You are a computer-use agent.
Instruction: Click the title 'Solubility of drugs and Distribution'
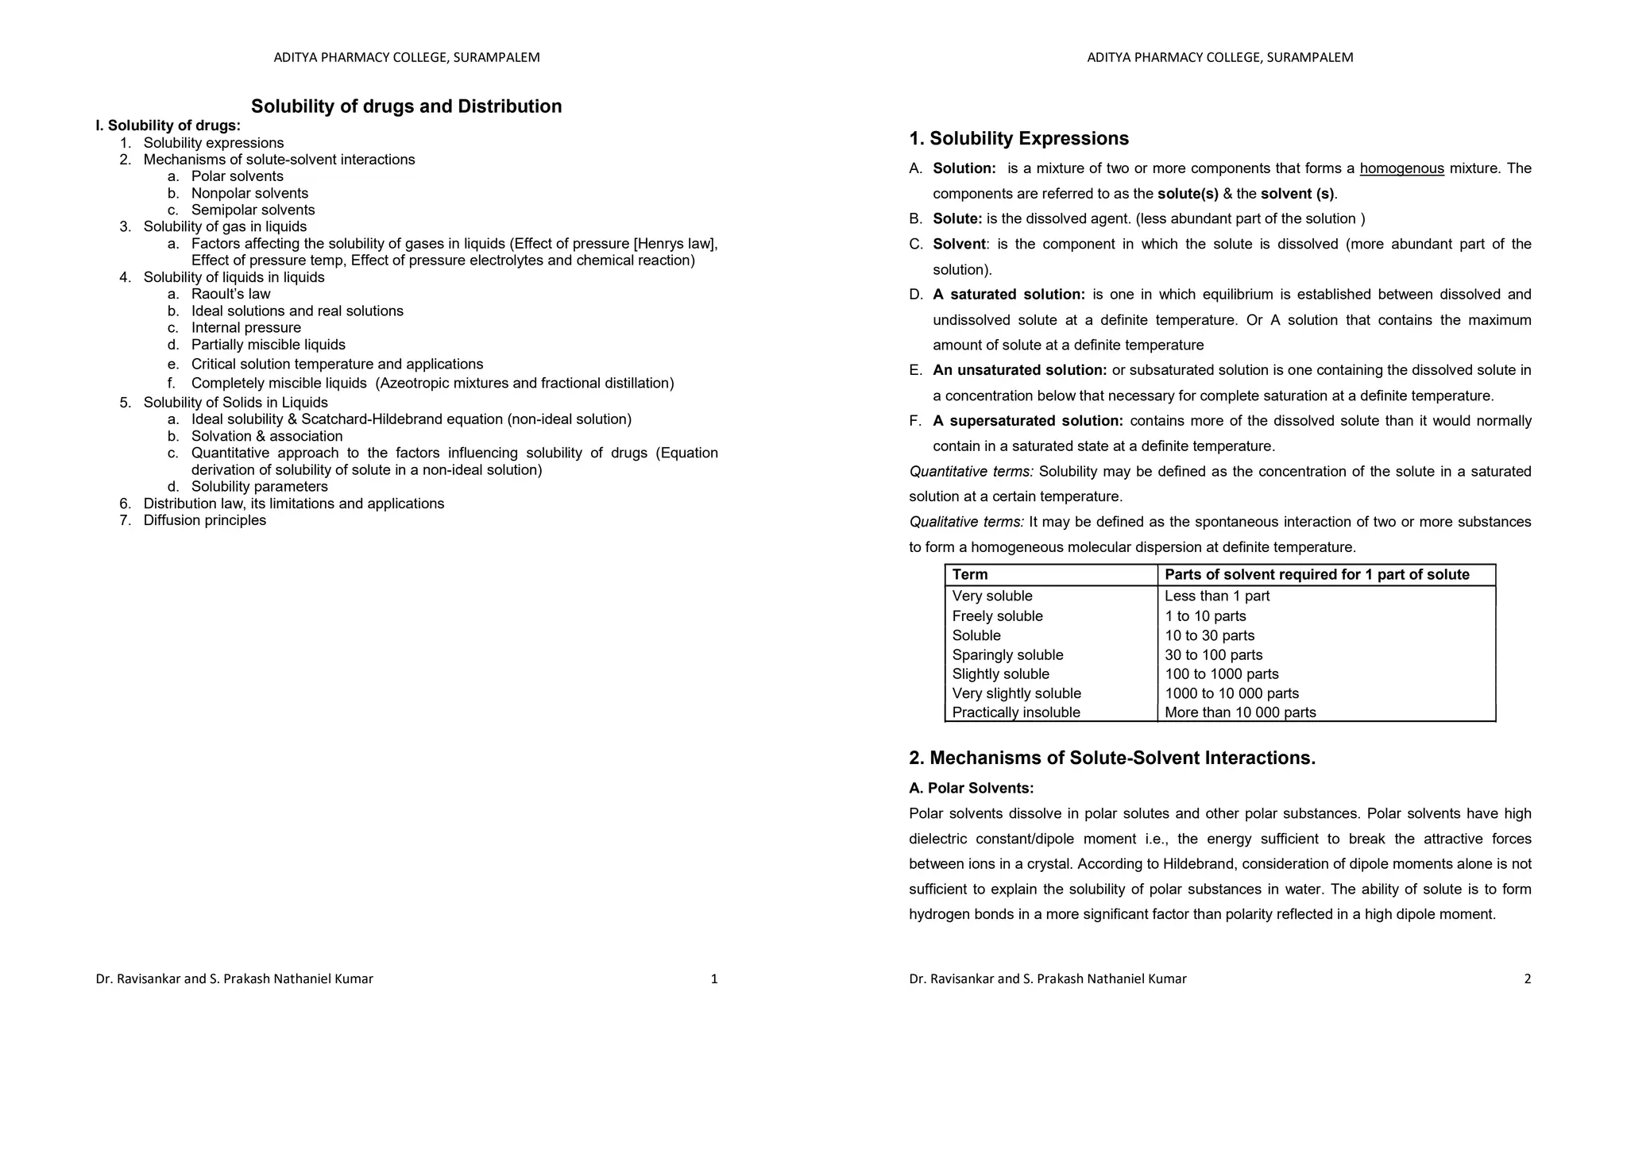coord(406,106)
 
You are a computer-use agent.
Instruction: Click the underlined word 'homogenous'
coord(1401,168)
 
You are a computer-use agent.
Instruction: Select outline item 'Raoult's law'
coord(230,294)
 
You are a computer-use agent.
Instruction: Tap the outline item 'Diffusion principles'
coord(204,520)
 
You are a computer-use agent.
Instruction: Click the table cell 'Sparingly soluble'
coord(1007,654)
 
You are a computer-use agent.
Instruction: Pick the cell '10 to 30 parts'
coord(1209,635)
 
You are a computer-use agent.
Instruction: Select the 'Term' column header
coord(970,574)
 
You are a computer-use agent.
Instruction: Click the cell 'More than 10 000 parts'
coord(1239,712)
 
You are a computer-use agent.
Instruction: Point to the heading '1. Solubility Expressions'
coord(1018,138)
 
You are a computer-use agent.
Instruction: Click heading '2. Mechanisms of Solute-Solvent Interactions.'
coord(1112,758)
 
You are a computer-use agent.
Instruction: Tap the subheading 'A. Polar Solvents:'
coord(971,788)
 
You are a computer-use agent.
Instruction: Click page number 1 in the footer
coord(713,978)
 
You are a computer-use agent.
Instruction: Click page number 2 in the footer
coord(1527,978)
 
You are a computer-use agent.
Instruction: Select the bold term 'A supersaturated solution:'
coord(1028,421)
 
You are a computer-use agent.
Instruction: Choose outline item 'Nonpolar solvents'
coord(249,193)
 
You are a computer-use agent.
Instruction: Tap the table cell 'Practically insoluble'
coord(1016,712)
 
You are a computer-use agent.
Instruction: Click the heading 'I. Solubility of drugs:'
coord(168,125)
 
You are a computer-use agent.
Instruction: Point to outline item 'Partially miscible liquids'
coord(268,345)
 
